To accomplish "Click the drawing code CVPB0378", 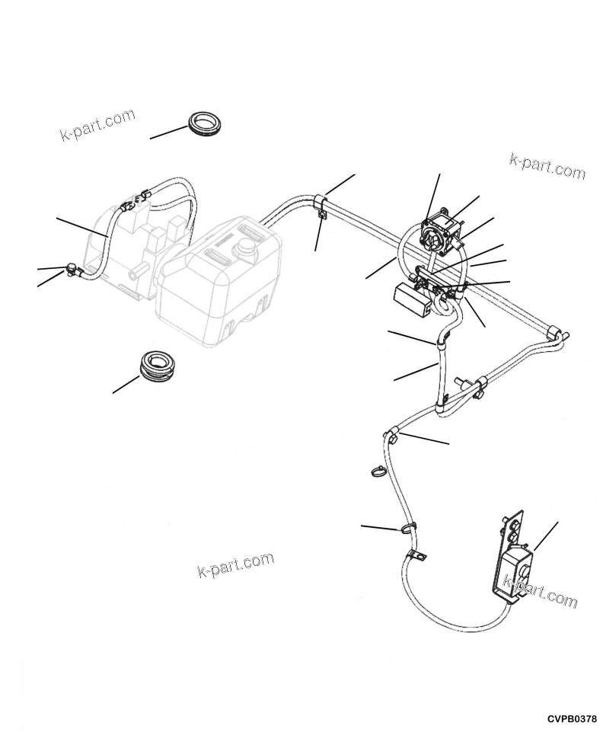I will coord(571,719).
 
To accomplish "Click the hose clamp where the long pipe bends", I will coord(320,203).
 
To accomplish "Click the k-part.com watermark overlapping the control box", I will coord(541,590).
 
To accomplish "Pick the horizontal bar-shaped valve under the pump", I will coord(438,281).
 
